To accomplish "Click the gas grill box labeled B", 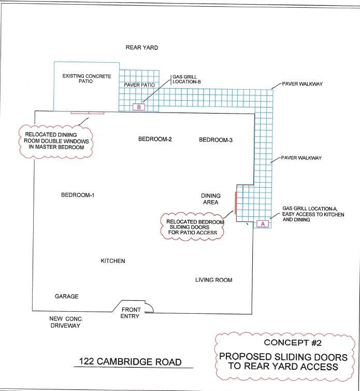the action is (x=139, y=107).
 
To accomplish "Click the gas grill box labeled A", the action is (x=263, y=224).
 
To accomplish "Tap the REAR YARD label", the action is (x=142, y=47).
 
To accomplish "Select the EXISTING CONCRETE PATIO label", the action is (x=87, y=78).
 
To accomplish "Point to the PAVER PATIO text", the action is (x=139, y=85).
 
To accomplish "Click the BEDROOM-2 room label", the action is (x=155, y=139).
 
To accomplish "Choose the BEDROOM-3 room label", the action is (x=216, y=140).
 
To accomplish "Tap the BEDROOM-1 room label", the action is (x=78, y=195).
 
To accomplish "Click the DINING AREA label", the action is (x=211, y=199).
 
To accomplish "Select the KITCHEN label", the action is (x=113, y=261).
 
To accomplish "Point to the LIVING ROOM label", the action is (x=214, y=280).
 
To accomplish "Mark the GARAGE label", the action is (x=66, y=296).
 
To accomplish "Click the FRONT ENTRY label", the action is (x=131, y=313).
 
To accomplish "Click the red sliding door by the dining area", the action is (x=235, y=203).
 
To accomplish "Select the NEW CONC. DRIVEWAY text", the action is (x=65, y=322).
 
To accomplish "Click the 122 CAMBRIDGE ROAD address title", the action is (x=130, y=362).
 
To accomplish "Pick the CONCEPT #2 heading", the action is (x=293, y=343).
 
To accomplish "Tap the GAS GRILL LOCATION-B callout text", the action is (x=186, y=79).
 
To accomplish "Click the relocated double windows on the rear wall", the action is (x=88, y=113).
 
